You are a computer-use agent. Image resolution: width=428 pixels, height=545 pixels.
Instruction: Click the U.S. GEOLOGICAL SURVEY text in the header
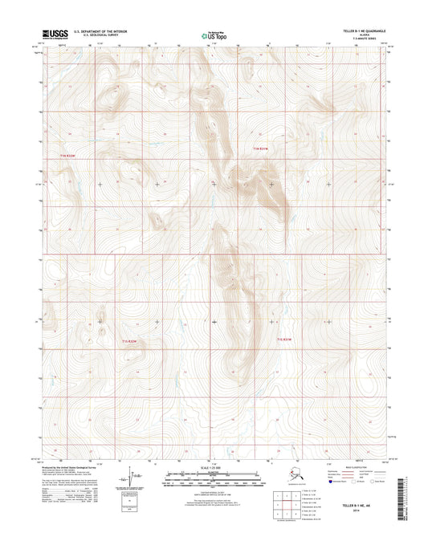pyautogui.click(x=95, y=36)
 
